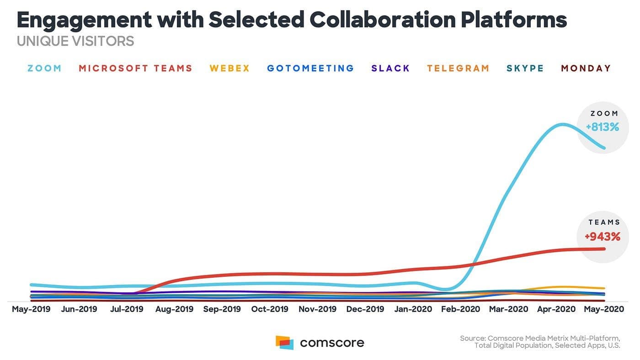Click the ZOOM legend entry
pos(44,69)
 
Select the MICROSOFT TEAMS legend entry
pos(135,69)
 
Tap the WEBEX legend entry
pos(229,69)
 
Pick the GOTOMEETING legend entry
pos(310,69)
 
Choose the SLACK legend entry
pos(390,69)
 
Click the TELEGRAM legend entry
pos(458,69)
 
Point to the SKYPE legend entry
pos(525,69)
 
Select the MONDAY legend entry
pos(586,69)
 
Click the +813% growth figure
pos(603,127)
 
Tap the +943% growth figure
pos(603,237)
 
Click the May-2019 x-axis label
pos(31,309)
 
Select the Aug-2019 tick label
pos(174,309)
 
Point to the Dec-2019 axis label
pos(365,309)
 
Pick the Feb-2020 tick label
pos(461,309)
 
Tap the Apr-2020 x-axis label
pos(556,309)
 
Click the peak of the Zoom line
pos(561,124)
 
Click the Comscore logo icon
pos(284,343)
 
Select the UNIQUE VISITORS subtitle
pos(75,41)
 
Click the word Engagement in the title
pos(84,20)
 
